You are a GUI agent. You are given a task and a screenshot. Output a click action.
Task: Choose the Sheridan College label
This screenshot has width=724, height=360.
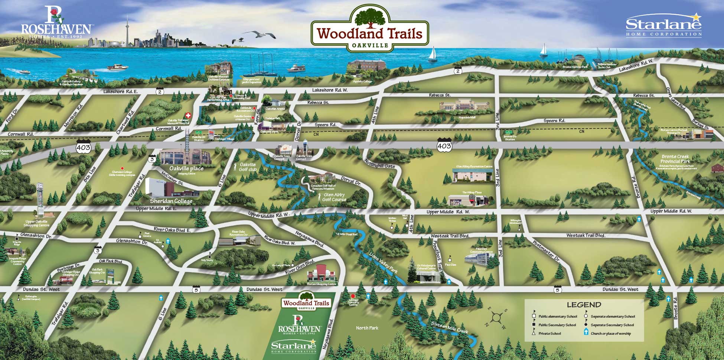(171, 201)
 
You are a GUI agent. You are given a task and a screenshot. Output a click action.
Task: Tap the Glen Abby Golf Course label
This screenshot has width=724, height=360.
(334, 197)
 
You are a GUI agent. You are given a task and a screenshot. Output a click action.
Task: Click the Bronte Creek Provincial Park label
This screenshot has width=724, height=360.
(675, 159)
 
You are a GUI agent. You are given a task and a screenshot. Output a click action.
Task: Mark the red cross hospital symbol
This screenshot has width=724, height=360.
(188, 115)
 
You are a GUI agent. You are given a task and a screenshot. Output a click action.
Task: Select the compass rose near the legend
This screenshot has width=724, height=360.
(496, 317)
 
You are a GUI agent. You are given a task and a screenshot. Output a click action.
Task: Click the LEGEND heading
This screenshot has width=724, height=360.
(584, 305)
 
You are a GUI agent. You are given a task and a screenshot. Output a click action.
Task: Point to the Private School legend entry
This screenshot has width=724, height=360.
(549, 333)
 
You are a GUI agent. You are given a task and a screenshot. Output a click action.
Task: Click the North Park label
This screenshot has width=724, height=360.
(367, 328)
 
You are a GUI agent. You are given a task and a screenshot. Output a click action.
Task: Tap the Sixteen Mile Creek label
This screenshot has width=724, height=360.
(449, 327)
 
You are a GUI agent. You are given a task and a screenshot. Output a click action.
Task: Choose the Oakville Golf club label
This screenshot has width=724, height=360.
(247, 167)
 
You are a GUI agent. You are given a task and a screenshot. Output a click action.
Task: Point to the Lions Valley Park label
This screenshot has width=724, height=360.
(383, 262)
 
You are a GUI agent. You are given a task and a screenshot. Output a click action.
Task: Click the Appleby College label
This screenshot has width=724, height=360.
(362, 81)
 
